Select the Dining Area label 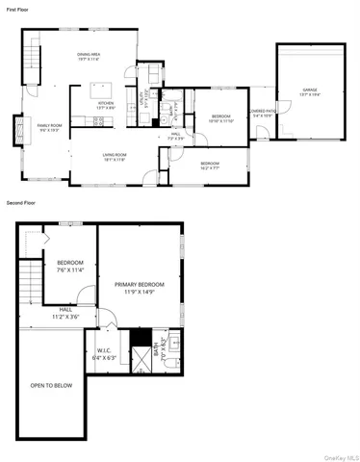pos(91,57)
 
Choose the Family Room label pos(49,128)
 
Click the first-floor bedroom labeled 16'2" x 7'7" pos(212,165)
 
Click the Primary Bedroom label pos(140,288)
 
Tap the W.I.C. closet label pos(107,353)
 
